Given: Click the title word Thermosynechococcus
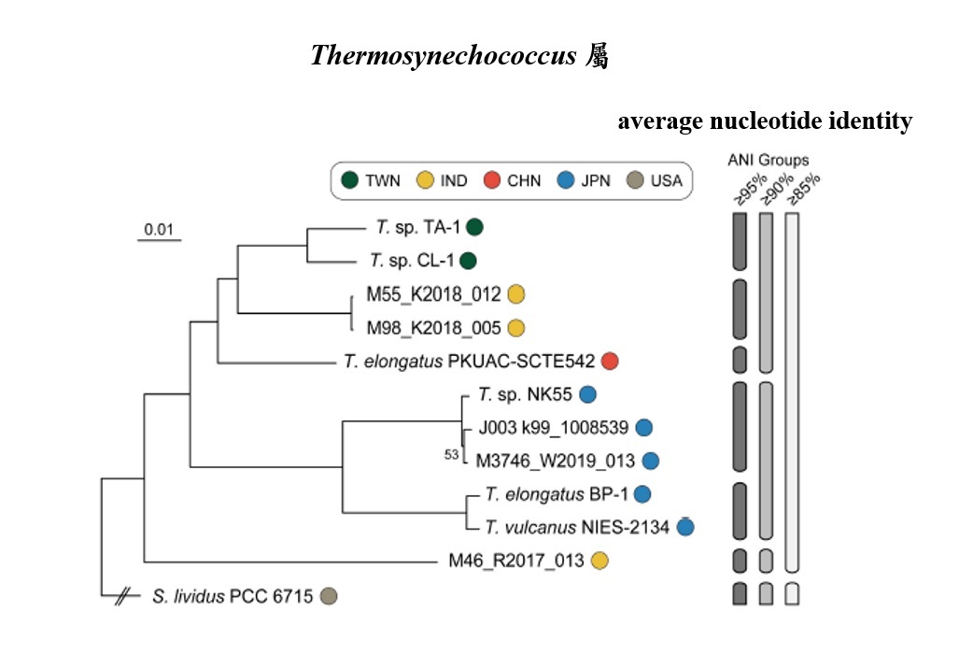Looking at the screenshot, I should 443,56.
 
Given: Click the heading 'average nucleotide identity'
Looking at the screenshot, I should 764,121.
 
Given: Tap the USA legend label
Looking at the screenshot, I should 666,180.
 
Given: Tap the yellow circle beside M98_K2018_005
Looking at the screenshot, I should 515,328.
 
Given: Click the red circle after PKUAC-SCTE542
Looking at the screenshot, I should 610,362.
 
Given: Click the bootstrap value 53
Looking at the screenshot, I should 452,454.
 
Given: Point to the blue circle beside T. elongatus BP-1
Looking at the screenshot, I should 642,494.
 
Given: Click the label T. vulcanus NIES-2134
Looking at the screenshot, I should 576,528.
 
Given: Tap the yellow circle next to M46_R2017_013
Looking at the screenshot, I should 599,561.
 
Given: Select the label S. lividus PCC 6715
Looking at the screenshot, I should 233,595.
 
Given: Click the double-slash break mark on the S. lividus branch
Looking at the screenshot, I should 121,595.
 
